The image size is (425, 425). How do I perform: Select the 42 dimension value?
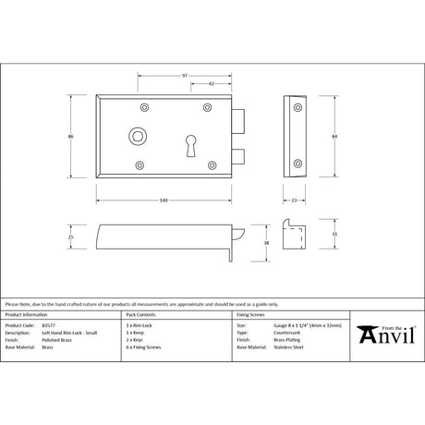click(212, 83)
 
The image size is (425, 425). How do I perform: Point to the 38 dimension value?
click(267, 243)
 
